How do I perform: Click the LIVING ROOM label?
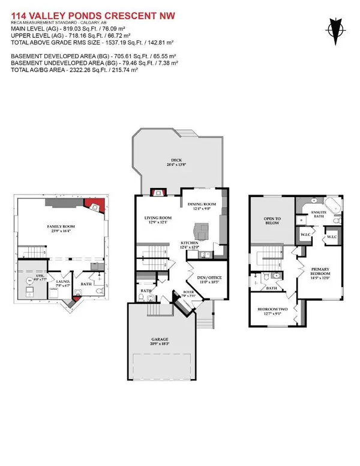point(158,220)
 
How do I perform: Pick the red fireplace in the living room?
point(158,193)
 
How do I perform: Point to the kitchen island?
point(199,229)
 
